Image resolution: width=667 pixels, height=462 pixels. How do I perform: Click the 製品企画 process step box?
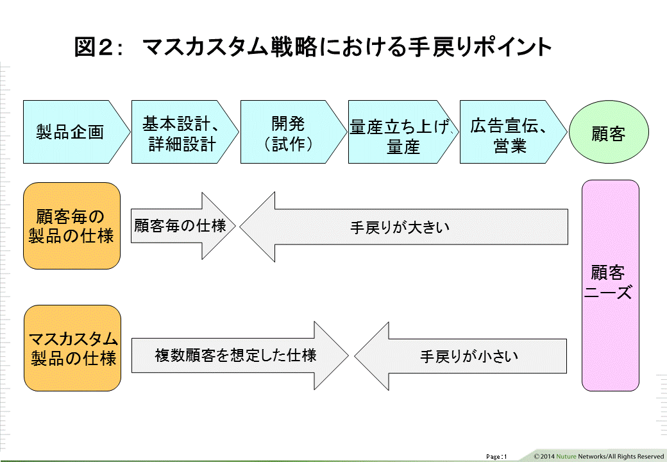click(71, 132)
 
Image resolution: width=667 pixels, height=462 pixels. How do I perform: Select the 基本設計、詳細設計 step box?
click(180, 132)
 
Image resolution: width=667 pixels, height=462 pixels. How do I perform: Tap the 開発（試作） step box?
click(288, 132)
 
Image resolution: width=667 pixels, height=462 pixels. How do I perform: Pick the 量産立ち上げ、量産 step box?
click(398, 132)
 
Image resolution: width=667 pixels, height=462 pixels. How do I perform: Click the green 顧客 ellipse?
click(608, 133)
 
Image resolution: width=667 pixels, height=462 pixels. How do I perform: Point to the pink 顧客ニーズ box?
click(610, 285)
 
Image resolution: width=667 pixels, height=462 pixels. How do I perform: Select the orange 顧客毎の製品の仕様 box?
click(72, 225)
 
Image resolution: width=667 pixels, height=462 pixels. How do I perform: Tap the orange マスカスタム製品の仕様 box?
click(72, 348)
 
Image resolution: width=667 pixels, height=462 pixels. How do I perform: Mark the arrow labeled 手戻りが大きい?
click(404, 227)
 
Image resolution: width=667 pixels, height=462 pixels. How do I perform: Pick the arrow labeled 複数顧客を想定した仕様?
click(237, 355)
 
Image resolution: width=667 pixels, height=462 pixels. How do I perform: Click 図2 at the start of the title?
click(94, 47)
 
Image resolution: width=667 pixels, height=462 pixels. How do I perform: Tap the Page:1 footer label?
click(496, 456)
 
